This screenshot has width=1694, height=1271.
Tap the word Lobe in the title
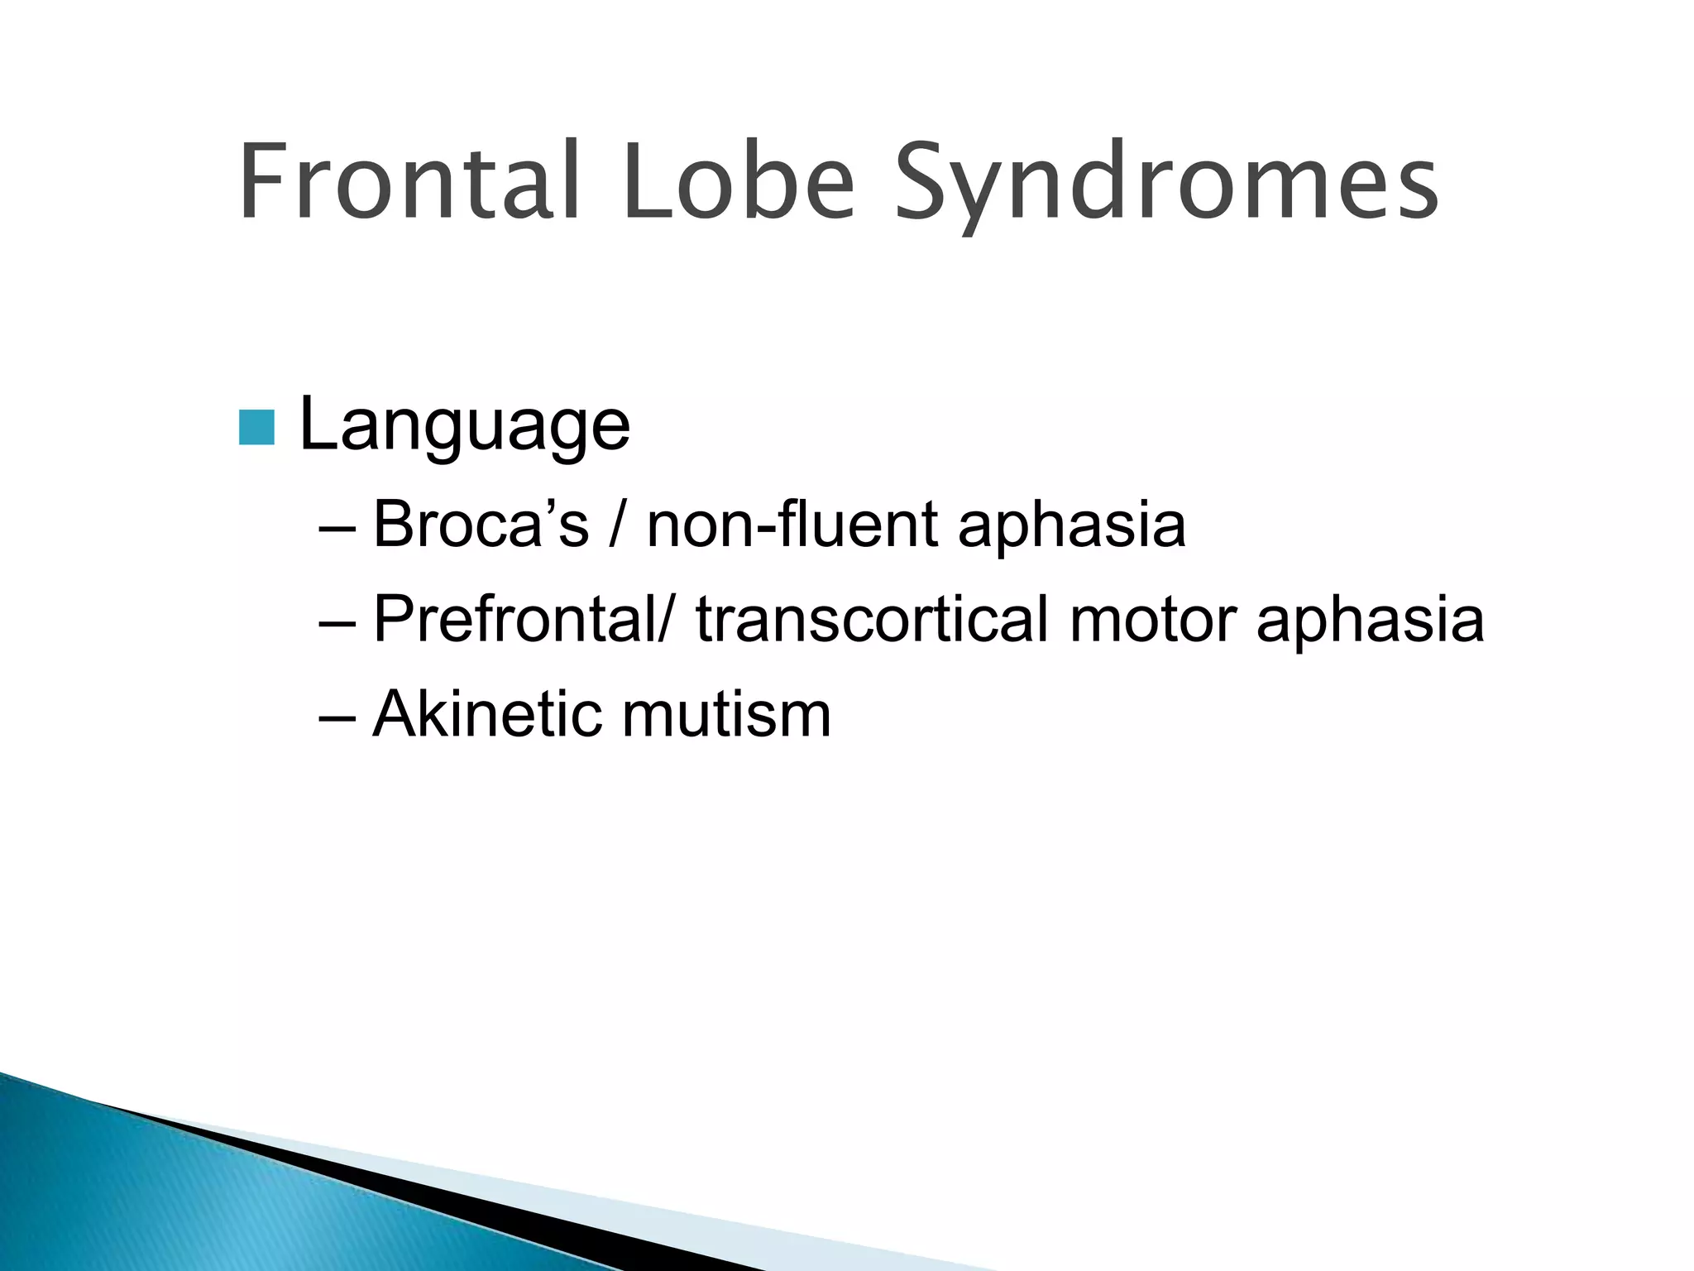(x=739, y=182)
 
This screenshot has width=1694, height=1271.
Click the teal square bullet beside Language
(x=256, y=427)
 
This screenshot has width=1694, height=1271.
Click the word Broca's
(x=481, y=524)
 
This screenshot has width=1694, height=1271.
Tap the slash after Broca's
(x=616, y=525)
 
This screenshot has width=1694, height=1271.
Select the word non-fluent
(x=792, y=524)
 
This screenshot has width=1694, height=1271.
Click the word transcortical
(x=872, y=619)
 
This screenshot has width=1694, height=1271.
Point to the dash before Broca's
(x=337, y=527)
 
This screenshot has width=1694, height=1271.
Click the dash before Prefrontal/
(x=337, y=622)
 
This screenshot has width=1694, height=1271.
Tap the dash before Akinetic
(x=337, y=717)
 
